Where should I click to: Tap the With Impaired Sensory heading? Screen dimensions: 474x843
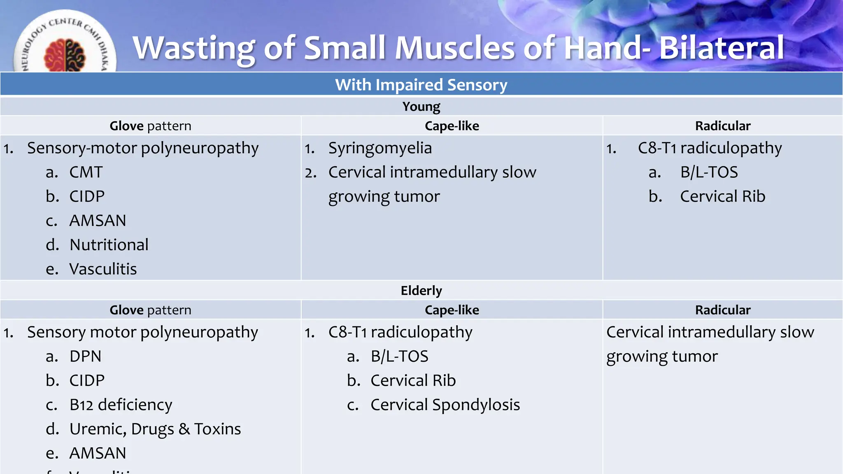click(x=421, y=85)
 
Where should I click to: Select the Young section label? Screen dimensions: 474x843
click(x=421, y=107)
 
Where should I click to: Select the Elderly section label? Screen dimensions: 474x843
click(x=421, y=290)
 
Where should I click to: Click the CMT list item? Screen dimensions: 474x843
click(x=86, y=172)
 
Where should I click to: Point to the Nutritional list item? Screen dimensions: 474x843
click(x=109, y=245)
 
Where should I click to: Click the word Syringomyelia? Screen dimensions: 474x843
click(x=380, y=148)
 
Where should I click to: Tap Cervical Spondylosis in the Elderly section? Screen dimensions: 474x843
click(x=445, y=405)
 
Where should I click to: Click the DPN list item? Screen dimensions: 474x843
click(x=85, y=356)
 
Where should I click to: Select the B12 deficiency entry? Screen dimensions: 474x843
click(x=121, y=405)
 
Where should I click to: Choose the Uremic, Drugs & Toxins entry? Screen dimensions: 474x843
click(x=155, y=429)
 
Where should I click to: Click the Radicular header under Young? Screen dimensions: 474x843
click(x=722, y=126)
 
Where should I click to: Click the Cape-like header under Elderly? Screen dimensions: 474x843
click(x=452, y=310)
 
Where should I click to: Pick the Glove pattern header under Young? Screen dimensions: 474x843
click(x=150, y=126)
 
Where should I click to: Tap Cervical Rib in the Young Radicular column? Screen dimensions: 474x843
click(x=722, y=197)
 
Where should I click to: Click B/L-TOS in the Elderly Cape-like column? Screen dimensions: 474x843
click(x=399, y=356)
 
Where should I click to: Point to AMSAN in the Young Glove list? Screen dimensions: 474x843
click(x=98, y=221)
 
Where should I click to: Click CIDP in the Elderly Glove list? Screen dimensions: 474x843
click(x=87, y=381)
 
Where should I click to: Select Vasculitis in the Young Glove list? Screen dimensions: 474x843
click(x=103, y=269)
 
